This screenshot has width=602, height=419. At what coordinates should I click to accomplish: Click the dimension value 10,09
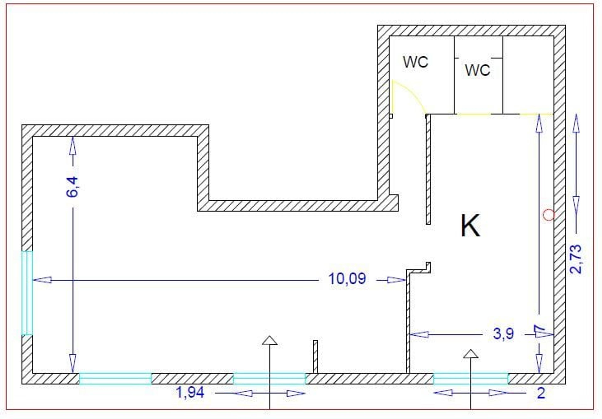[347, 279]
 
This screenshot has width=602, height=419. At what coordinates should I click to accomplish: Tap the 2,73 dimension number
[576, 259]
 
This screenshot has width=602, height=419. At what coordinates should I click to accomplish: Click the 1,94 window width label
[191, 393]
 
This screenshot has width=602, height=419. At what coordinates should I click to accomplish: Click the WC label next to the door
[416, 62]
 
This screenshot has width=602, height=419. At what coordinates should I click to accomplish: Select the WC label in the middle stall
[478, 70]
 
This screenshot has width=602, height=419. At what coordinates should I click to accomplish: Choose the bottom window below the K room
[471, 378]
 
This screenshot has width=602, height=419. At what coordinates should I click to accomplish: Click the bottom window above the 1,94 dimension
[269, 378]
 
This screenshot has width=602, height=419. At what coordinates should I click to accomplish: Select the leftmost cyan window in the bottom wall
[115, 378]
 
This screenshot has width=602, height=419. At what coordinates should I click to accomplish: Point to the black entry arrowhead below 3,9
[471, 354]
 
